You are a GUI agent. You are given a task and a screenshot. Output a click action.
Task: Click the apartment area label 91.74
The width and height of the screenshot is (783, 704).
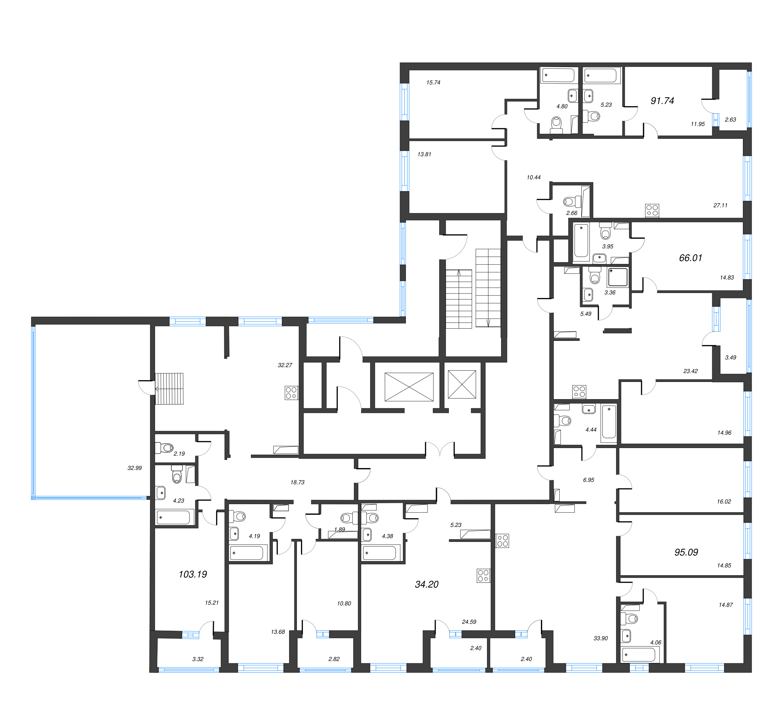pos(662,101)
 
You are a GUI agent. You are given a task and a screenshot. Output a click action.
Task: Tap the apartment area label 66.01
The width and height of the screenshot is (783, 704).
pos(690,258)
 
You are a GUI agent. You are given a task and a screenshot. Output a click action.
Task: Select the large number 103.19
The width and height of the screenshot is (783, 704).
pos(193,574)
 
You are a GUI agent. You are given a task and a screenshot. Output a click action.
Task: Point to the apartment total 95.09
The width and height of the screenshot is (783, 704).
pos(686,552)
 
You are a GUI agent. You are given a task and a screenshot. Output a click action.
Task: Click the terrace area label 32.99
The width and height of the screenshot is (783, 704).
pos(135,468)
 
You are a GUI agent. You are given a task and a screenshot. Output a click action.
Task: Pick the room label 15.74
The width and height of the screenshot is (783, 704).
pos(433,82)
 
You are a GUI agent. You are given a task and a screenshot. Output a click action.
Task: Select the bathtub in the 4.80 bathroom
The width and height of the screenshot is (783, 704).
pos(558,75)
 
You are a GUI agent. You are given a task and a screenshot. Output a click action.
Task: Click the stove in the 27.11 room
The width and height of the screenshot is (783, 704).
pos(652,211)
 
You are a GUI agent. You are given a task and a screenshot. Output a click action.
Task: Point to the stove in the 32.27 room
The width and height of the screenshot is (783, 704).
pos(291,393)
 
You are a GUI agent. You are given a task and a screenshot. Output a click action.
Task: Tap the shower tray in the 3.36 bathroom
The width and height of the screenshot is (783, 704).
pos(618,277)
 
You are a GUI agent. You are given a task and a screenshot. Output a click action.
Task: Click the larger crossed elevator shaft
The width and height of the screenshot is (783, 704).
pos(409,387)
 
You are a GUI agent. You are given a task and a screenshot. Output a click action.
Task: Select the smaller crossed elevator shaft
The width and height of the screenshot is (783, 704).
pos(462,384)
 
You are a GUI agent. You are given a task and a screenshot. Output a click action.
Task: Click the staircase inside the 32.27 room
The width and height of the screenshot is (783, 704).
pos(169,389)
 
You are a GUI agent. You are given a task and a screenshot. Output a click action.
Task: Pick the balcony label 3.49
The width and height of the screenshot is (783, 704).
pos(730,357)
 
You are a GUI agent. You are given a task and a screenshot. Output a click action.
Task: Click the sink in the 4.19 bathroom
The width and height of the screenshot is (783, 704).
pos(234,534)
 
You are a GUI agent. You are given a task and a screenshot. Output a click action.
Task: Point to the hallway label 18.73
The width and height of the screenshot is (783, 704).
pos(297,482)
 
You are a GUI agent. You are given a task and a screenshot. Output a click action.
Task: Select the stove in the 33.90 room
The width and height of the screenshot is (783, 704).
pos(502,541)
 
